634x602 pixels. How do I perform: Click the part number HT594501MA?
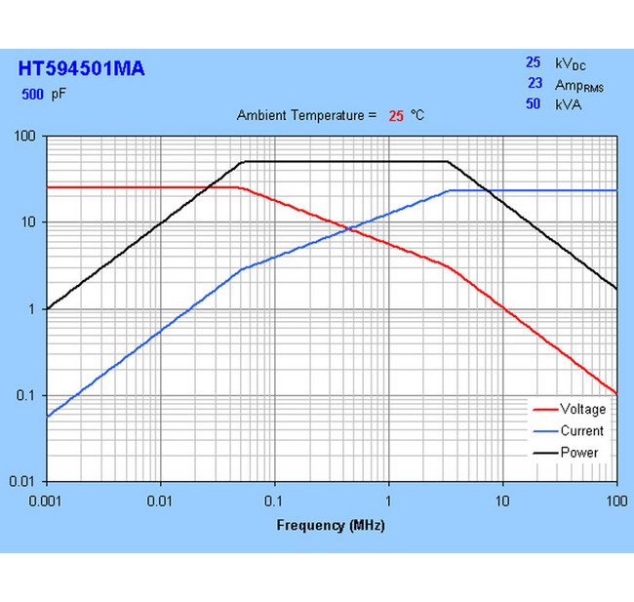tap(81, 69)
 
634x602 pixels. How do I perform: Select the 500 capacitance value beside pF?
tap(32, 96)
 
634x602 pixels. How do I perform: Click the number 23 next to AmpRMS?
tap(535, 84)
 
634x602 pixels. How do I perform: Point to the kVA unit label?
tap(568, 104)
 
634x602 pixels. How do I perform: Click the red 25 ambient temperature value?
tap(396, 116)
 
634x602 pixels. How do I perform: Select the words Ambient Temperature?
tap(305, 116)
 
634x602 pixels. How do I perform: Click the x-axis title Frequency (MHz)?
tap(331, 526)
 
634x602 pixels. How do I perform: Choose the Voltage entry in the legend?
tap(582, 410)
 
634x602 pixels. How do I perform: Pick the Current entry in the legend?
tap(581, 431)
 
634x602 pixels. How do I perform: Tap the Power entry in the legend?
tap(579, 453)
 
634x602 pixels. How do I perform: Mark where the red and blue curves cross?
tap(349, 229)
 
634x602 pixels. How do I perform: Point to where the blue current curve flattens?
tap(450, 191)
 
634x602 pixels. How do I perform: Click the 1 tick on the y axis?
tap(33, 309)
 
